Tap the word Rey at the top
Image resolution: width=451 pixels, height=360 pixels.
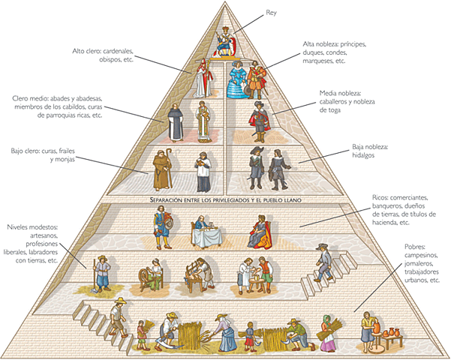(271, 13)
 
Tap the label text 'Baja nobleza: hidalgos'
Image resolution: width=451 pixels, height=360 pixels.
(370, 150)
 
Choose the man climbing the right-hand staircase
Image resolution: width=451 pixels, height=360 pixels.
(323, 262)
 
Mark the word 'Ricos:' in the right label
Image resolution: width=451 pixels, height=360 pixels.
(382, 197)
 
